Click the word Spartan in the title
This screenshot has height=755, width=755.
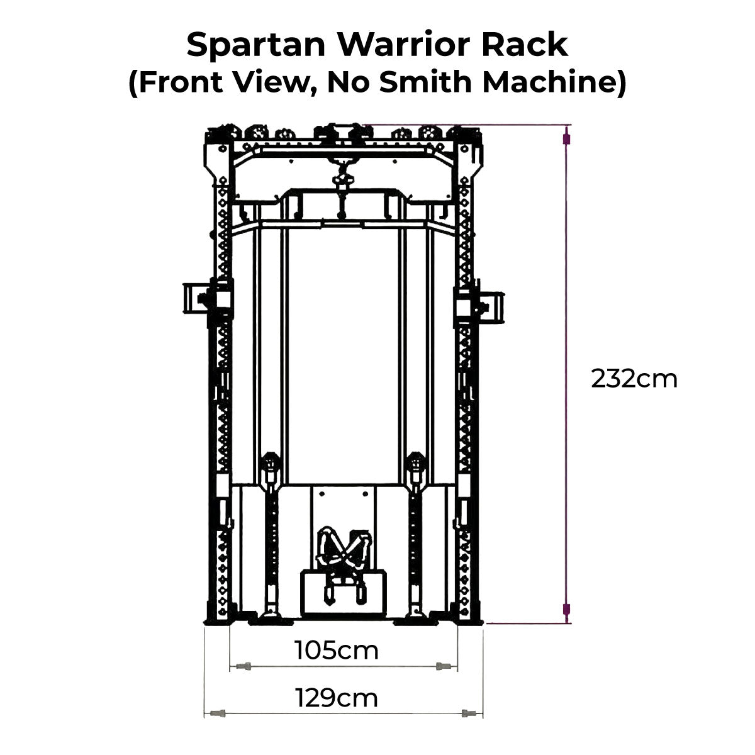pos(256,45)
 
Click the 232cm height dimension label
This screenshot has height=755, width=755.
pos(634,379)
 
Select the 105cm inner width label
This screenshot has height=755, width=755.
pos(337,651)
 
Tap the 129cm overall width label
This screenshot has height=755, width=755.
pos(337,698)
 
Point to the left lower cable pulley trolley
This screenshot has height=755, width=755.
pos(271,468)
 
